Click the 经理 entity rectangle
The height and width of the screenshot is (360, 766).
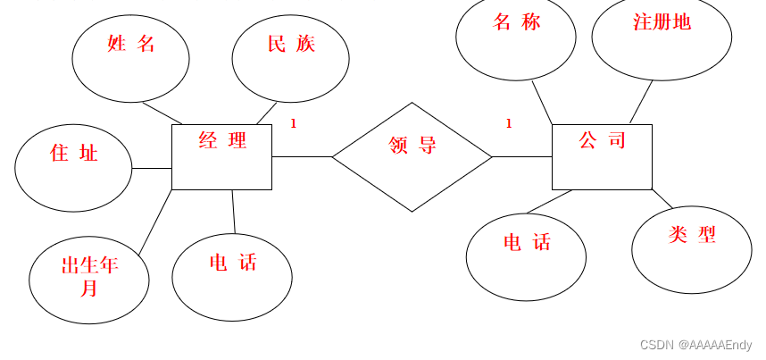221,157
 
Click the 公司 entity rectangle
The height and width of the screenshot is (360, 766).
602,157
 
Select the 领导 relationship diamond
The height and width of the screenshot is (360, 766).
412,157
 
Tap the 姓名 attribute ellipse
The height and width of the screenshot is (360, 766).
130,59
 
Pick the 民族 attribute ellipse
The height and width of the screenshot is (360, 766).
290,59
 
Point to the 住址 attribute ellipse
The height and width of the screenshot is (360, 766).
74,168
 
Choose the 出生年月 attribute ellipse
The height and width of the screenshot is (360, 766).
88,280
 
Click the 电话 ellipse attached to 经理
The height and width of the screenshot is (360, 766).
232,276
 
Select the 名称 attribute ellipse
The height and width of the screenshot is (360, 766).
516,36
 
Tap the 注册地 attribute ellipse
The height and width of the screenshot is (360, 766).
662,38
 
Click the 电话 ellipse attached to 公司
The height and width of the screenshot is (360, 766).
526,256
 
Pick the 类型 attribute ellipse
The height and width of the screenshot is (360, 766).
691,249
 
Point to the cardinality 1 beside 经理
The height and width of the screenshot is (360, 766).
293,124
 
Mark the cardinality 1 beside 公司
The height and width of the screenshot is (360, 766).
509,124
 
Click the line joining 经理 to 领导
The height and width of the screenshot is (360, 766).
302,157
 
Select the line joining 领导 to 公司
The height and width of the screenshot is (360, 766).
522,157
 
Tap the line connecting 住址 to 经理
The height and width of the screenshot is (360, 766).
152,168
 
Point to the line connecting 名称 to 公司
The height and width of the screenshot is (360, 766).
542,102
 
